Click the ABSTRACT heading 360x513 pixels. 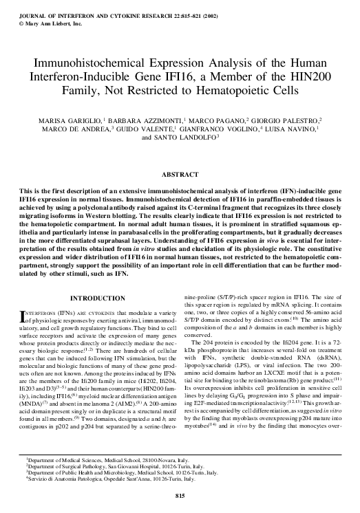[180, 175]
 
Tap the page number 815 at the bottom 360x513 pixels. [180, 495]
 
